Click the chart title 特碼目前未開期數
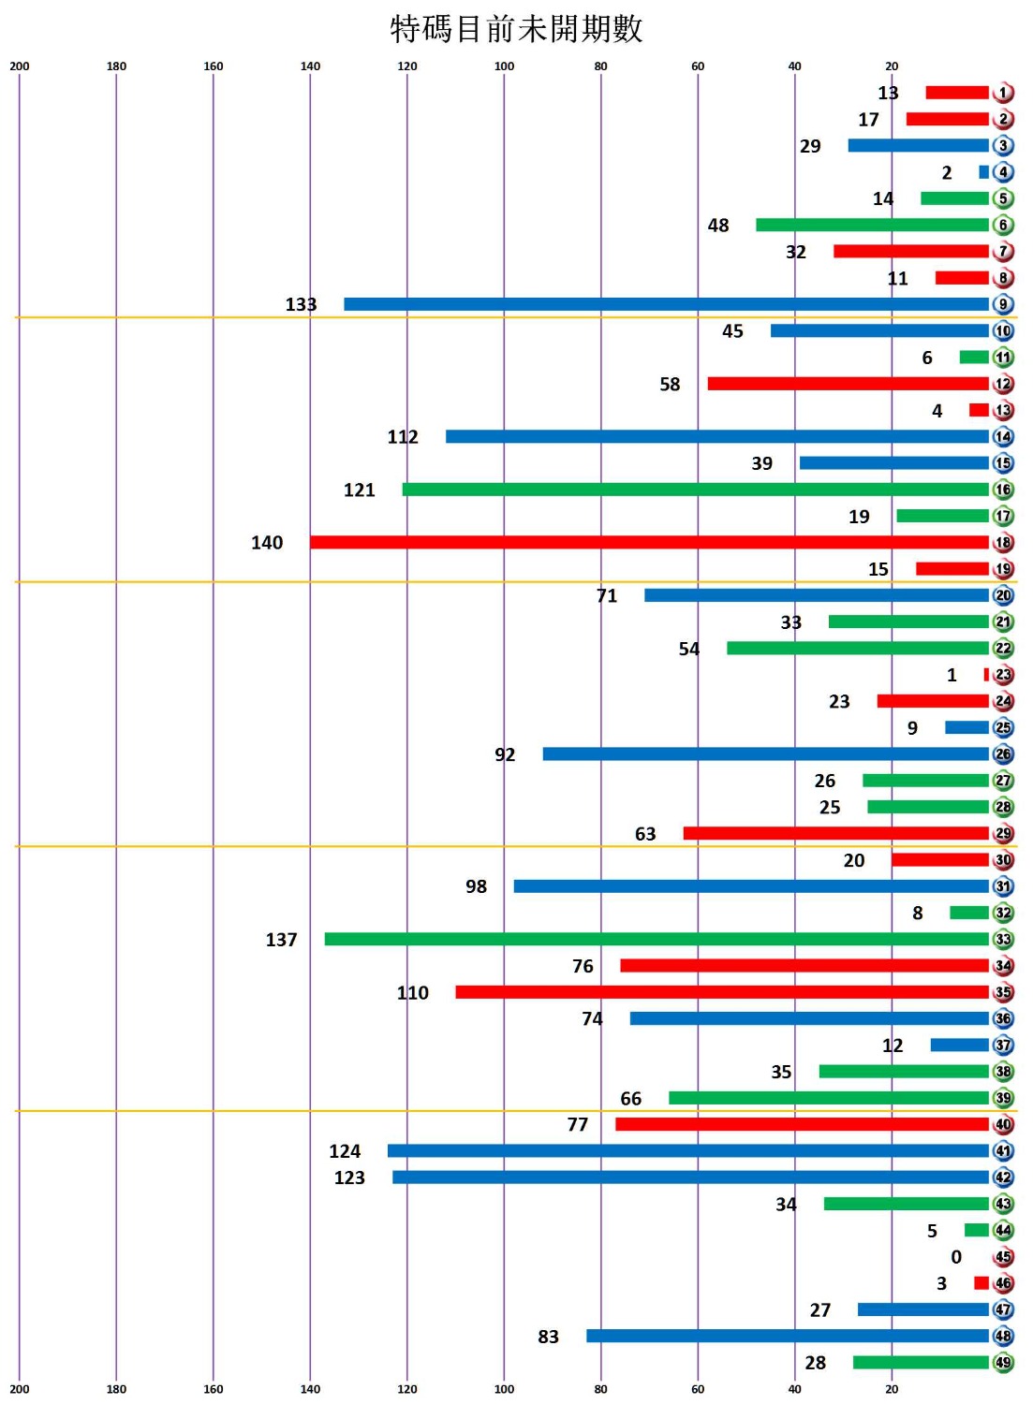[x=516, y=29]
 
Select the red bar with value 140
[x=649, y=543]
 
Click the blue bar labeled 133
[x=666, y=304]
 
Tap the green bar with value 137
[x=657, y=939]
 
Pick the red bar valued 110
[x=722, y=992]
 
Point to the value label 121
[x=359, y=490]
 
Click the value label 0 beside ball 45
[x=956, y=1257]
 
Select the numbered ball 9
[x=1003, y=304]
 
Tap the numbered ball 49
[x=1003, y=1362]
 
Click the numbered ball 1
[x=1003, y=93]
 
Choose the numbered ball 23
[x=1003, y=675]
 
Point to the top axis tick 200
[x=20, y=66]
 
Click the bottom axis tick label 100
[x=504, y=1389]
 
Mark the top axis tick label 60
[x=698, y=66]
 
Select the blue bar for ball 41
[x=688, y=1150]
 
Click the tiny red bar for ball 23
[x=986, y=675]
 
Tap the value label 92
[x=505, y=754]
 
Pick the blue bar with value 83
[x=788, y=1336]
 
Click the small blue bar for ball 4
[x=983, y=172]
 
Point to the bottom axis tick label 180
[x=116, y=1389]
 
